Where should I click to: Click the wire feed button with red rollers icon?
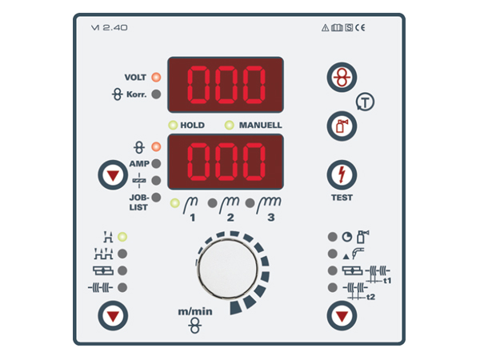tap(342, 77)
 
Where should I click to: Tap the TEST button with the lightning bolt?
tap(342, 174)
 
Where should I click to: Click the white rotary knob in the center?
tap(228, 269)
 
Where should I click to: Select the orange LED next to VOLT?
tap(156, 77)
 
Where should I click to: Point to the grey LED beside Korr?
tap(156, 94)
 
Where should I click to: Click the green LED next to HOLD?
tap(173, 125)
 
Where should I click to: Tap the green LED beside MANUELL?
tap(230, 125)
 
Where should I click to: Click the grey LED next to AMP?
tap(156, 163)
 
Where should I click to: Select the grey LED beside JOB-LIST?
tap(156, 197)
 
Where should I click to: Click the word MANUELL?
tap(261, 126)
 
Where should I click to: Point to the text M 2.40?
tap(110, 27)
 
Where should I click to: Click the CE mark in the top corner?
tap(360, 27)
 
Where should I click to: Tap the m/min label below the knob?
tap(195, 312)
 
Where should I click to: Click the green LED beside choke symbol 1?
tap(174, 203)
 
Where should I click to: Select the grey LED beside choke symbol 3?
tap(250, 203)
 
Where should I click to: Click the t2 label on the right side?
tap(370, 297)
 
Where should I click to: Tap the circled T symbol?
tap(365, 102)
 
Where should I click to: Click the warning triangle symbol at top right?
tap(325, 28)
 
